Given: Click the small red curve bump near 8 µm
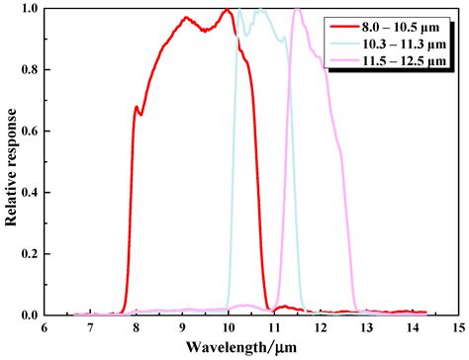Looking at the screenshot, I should coord(137,107).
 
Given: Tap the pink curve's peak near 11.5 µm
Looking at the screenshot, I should coord(297,10).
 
